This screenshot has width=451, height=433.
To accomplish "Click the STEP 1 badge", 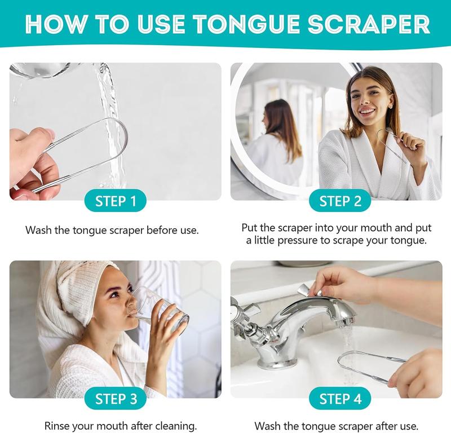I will click(116, 201).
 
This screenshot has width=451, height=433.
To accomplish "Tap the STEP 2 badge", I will click(340, 201).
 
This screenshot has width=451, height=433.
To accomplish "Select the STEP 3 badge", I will click(116, 399).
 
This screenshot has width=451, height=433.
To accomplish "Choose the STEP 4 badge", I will click(340, 399).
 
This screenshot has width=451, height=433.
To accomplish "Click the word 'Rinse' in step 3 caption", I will click(58, 426).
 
